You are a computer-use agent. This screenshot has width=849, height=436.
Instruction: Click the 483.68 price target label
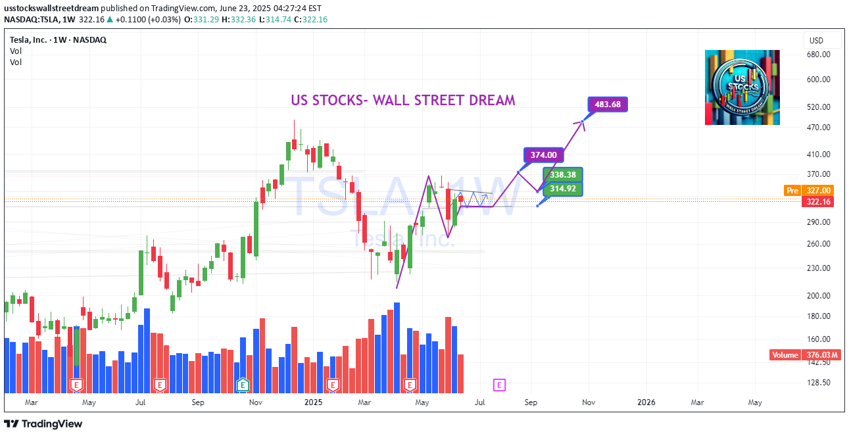(x=608, y=104)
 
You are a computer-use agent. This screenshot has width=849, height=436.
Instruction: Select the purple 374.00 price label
(x=544, y=155)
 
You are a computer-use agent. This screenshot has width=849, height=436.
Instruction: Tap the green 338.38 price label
(x=563, y=175)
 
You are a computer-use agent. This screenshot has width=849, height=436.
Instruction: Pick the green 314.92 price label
(x=563, y=189)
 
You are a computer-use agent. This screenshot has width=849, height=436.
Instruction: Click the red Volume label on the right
(x=785, y=355)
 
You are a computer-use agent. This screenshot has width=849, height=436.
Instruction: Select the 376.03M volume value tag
(x=821, y=355)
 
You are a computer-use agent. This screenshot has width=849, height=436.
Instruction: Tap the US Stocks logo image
(x=742, y=87)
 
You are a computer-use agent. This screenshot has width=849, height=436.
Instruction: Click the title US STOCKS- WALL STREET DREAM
(x=403, y=101)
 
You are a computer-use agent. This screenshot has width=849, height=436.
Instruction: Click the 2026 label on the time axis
(x=646, y=402)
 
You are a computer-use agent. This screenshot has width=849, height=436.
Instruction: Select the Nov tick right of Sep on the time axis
(x=589, y=402)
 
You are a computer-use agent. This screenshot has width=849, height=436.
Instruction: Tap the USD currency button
(x=816, y=40)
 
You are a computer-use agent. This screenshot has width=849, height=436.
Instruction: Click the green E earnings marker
(x=243, y=384)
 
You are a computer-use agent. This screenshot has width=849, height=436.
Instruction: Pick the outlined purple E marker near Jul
(x=499, y=384)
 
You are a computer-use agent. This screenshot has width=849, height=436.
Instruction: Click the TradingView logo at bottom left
(x=43, y=424)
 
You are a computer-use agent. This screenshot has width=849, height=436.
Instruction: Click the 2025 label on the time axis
(x=314, y=402)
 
